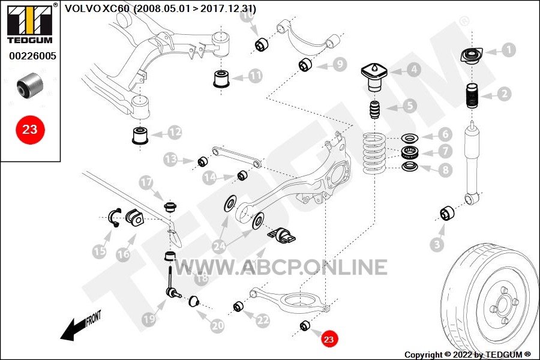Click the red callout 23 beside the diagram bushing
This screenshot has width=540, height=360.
click(329, 339)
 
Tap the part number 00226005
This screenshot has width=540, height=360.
click(33, 56)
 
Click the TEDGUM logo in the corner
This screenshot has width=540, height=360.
click(30, 23)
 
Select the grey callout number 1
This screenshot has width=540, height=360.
click(508, 50)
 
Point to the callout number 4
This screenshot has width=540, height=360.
click(413, 70)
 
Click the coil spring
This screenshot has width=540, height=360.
click(373, 154)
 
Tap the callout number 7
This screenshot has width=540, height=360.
click(445, 151)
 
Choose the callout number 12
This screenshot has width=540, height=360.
click(175, 132)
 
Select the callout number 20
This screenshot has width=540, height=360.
click(217, 326)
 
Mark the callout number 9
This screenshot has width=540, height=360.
click(340, 64)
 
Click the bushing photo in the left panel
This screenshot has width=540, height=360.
click(31, 85)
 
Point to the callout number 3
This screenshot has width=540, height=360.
click(437, 245)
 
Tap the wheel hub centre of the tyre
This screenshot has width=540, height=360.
click(502, 305)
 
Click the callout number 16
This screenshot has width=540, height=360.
click(123, 254)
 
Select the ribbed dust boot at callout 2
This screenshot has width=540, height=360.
click(472, 96)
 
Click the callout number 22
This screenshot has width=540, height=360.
click(262, 320)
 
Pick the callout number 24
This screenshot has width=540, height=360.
click(220, 246)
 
